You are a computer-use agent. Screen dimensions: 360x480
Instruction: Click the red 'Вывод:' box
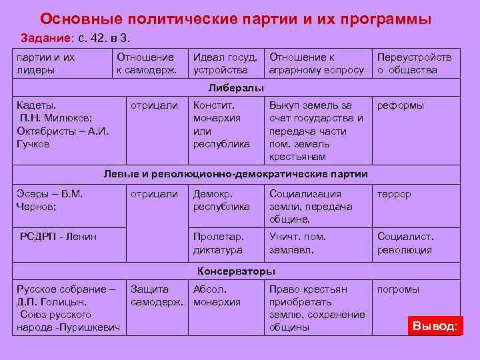(x=435, y=326)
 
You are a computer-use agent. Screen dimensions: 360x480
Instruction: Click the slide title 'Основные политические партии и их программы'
(x=235, y=19)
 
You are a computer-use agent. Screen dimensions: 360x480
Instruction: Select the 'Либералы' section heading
(x=235, y=88)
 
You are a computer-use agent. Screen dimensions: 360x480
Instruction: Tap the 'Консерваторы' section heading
(x=235, y=271)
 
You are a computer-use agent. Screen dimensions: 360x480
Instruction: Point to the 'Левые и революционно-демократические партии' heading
(x=235, y=175)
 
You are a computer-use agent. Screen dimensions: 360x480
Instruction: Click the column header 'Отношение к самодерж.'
(x=145, y=63)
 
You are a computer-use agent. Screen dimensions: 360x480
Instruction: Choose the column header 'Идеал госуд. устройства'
(x=220, y=63)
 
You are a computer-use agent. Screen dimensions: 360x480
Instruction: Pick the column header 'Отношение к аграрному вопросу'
(x=316, y=63)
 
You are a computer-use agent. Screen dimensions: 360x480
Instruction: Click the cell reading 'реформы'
(x=400, y=105)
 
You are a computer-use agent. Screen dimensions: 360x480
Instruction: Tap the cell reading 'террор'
(x=394, y=194)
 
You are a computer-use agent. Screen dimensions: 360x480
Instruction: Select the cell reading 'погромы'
(x=398, y=289)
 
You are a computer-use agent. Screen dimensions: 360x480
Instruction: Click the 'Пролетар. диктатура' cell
(x=219, y=243)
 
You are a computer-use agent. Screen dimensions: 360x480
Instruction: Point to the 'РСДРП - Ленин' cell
(x=58, y=237)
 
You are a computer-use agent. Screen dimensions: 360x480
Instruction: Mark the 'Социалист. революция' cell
(x=405, y=243)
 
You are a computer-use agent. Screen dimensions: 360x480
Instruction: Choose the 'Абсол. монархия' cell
(x=217, y=295)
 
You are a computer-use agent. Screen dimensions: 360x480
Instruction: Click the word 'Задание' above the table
(x=42, y=36)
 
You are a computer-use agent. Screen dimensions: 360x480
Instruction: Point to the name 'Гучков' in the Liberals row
(x=33, y=143)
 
